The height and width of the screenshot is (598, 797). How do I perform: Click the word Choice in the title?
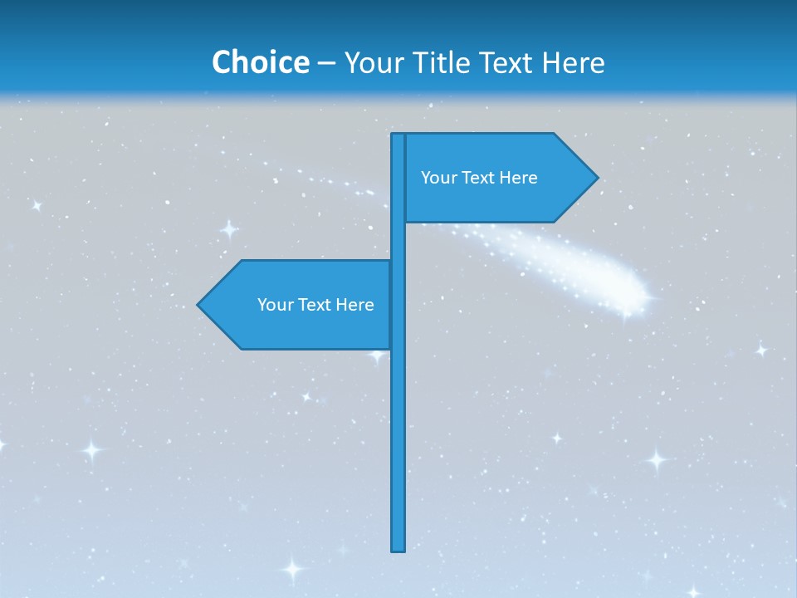[x=260, y=62]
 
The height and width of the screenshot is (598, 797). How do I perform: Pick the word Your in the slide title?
[x=374, y=62]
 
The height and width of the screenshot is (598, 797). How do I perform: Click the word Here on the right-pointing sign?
[x=517, y=178]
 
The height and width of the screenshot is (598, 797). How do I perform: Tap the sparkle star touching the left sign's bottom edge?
[x=377, y=355]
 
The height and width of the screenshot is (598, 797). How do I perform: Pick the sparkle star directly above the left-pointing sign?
[x=229, y=229]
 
